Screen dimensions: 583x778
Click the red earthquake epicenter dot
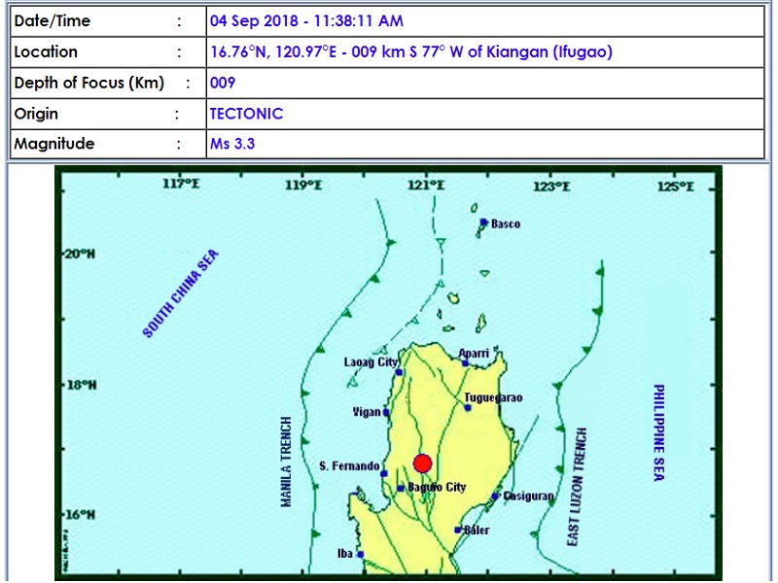(422, 463)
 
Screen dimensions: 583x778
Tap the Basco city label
(506, 224)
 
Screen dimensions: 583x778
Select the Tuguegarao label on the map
(494, 398)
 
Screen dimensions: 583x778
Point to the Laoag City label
(371, 362)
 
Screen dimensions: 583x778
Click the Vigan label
(367, 412)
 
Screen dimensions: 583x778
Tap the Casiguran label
(530, 496)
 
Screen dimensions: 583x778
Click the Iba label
(344, 554)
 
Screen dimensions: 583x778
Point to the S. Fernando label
(349, 466)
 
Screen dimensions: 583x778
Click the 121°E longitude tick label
(427, 185)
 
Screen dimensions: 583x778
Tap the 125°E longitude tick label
(675, 185)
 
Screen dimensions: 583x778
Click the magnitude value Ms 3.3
(232, 144)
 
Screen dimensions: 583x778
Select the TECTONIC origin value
(247, 114)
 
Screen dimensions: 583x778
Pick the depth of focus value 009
(223, 83)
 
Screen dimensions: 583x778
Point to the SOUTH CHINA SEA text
(182, 293)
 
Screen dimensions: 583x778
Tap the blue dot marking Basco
(483, 223)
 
